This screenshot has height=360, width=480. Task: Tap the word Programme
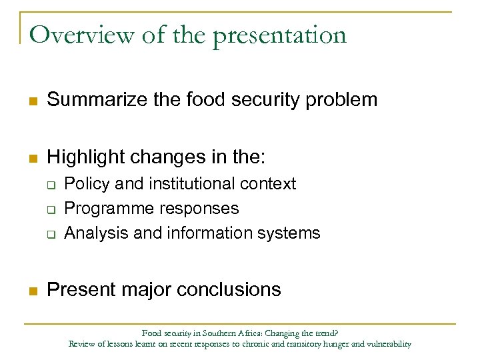pyautogui.click(x=106, y=209)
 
